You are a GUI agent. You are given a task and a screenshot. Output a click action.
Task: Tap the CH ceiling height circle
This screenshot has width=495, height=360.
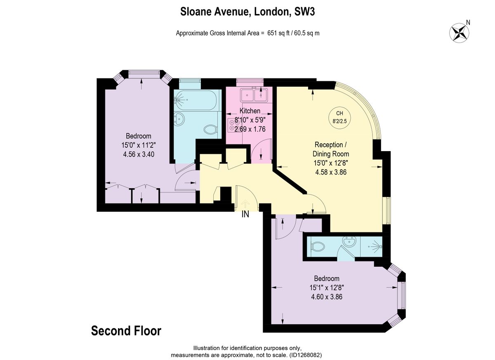pos(339,117)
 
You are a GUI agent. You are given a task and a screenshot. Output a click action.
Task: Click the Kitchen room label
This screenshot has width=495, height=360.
pos(250,111)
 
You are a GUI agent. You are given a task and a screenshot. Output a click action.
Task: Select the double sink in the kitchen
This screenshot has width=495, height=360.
pos(254,95)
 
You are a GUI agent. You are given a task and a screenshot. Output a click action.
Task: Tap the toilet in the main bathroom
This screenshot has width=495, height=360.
pos(211,129)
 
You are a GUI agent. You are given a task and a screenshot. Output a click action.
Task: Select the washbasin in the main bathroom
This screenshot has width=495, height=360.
pos(180,119)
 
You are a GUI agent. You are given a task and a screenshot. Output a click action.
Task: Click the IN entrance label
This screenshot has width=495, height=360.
pos(245,214)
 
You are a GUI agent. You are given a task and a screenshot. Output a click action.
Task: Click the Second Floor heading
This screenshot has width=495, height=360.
pos(126,331)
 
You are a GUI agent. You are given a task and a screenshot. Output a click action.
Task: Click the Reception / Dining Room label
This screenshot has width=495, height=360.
pos(329,149)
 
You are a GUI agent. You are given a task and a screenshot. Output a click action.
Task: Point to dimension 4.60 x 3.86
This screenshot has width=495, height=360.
pos(327,296)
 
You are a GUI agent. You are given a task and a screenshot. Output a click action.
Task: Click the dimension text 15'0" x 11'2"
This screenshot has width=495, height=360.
pos(138,145)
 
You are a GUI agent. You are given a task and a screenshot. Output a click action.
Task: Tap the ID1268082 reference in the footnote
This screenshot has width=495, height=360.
pos(305,355)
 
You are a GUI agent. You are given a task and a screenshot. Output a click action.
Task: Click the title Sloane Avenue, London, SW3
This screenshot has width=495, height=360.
pos(247,12)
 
